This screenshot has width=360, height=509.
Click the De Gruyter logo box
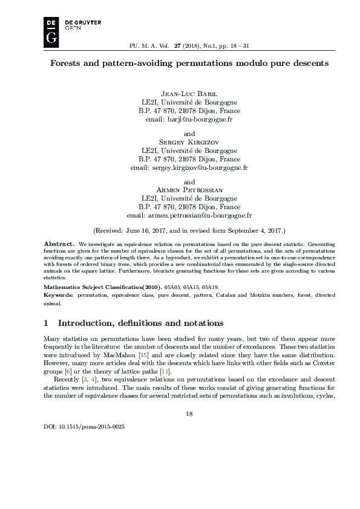[52, 31]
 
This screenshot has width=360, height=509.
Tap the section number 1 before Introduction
[47, 322]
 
